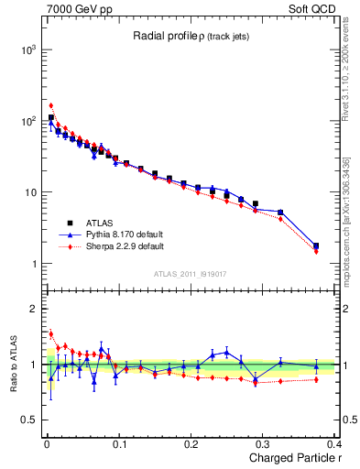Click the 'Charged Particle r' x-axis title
289,458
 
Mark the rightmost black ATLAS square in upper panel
316,245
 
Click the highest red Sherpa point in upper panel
51,105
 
